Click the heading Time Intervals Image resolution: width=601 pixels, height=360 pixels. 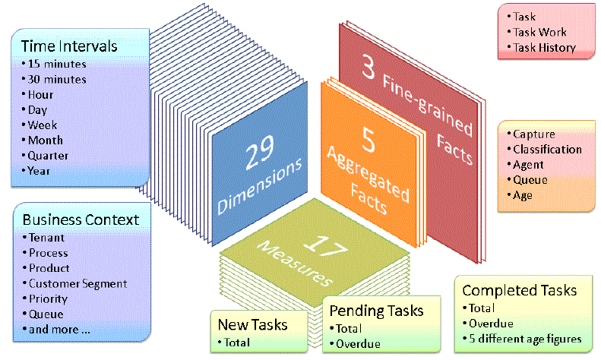click(x=69, y=46)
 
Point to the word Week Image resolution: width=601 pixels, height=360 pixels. click(x=42, y=125)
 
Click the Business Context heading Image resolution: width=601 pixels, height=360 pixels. click(x=81, y=219)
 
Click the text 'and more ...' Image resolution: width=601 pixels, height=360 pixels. click(x=59, y=330)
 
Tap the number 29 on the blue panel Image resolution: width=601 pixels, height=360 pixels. click(x=260, y=153)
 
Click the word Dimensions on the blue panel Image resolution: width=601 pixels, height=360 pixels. click(x=260, y=186)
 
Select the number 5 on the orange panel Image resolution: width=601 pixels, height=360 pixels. click(x=369, y=140)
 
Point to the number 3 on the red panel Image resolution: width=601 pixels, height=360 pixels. click(x=369, y=67)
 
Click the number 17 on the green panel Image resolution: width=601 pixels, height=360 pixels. click(x=326, y=245)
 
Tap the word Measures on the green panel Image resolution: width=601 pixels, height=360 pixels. click(x=295, y=264)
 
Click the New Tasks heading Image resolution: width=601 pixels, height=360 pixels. click(x=252, y=325)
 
